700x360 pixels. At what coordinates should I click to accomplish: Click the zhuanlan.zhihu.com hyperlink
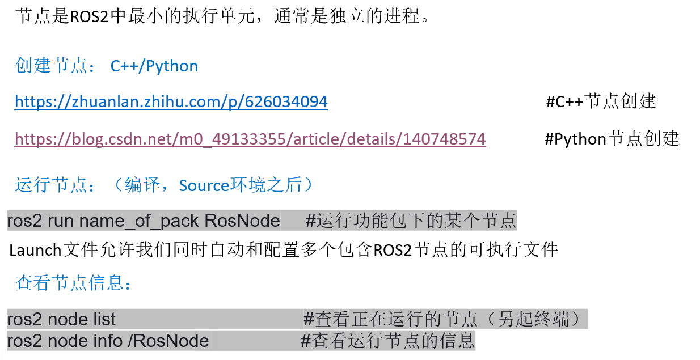(171, 102)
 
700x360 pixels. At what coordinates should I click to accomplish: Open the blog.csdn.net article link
(250, 139)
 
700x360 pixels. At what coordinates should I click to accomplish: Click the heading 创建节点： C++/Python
(107, 66)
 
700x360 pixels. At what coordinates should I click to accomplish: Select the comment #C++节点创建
(600, 102)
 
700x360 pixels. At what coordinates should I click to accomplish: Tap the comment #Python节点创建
(612, 139)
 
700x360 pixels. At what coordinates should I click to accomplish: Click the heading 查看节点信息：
(74, 282)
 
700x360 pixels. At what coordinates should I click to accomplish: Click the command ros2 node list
(61, 319)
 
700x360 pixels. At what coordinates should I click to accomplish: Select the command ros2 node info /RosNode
(108, 341)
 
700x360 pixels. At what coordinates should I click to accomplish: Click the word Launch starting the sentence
(35, 250)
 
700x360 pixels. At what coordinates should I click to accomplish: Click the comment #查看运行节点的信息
(387, 341)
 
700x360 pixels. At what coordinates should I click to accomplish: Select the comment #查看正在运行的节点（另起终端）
(442, 319)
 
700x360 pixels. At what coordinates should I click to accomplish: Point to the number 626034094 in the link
(286, 102)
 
